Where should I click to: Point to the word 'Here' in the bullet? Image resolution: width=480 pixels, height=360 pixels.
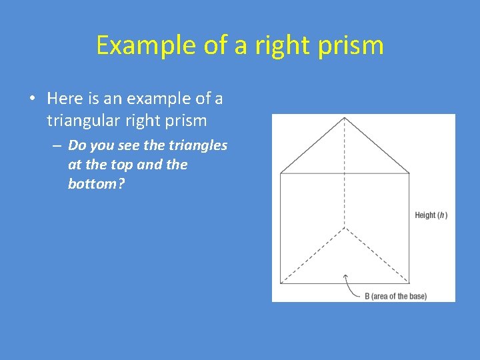coord(64,99)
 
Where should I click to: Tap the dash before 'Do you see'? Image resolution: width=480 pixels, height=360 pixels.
coord(57,145)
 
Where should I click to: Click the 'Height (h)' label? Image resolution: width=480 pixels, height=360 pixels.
coord(431,215)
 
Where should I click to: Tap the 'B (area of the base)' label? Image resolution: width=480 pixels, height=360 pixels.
coord(395,295)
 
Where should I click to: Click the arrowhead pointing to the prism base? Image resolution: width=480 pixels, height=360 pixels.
coord(345,275)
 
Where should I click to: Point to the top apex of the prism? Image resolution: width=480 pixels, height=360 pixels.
coord(344,118)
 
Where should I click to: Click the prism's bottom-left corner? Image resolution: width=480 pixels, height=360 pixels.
coord(281,283)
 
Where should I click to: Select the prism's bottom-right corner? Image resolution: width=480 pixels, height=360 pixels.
coord(409,283)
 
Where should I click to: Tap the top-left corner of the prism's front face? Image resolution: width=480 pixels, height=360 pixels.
coord(281,173)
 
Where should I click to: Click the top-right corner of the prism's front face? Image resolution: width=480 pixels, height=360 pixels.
coord(409,173)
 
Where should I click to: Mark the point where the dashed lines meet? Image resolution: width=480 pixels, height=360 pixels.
coord(344,228)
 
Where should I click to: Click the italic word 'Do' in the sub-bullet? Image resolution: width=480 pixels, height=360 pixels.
coord(77,145)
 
